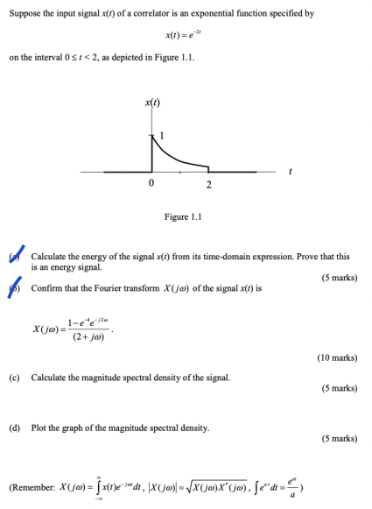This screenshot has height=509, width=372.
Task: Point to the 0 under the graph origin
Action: (151, 183)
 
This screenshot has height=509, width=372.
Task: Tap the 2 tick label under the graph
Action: (208, 183)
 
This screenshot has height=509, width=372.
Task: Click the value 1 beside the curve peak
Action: (161, 136)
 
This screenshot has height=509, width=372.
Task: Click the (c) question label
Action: (14, 377)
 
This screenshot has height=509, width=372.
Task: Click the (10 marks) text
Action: (336, 357)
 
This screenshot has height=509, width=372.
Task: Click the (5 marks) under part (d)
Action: (339, 438)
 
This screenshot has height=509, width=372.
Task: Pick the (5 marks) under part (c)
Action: (339, 387)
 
